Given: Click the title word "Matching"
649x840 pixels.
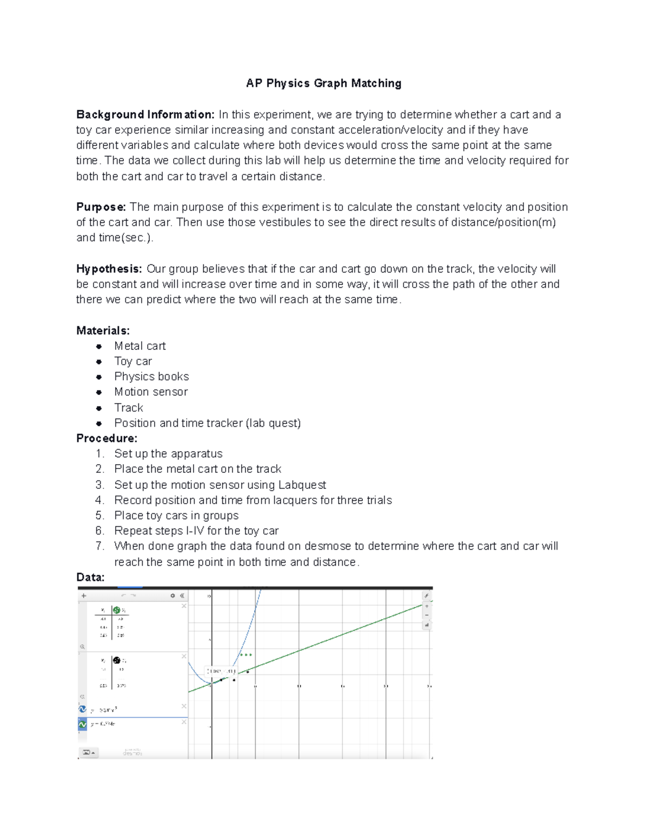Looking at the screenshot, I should tap(376, 83).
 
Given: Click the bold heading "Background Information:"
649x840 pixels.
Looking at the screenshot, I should tap(145, 115).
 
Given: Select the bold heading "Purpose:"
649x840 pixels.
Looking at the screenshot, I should tap(101, 207).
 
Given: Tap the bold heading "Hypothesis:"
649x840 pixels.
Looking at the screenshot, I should tap(109, 269).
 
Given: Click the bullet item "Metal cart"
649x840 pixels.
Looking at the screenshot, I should tap(140, 346).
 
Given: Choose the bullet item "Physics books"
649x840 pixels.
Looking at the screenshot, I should tap(151, 376).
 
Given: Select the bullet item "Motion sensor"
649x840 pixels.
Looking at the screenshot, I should tap(151, 392).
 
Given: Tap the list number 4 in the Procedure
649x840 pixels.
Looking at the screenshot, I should tap(99, 500).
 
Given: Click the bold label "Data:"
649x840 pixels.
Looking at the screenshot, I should tap(90, 578).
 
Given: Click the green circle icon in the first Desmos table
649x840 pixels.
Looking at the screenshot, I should tap(116, 610).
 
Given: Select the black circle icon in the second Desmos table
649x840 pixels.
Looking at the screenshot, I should tap(116, 660).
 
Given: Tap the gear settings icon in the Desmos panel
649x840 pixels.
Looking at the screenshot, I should tap(173, 596).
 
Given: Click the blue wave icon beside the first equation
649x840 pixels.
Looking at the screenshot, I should tap(83, 709).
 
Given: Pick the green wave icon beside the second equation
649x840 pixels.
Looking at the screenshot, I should tap(83, 724).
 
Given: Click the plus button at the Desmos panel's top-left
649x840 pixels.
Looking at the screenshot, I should tap(84, 596).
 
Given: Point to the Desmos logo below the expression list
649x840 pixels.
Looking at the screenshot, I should tap(132, 752).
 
